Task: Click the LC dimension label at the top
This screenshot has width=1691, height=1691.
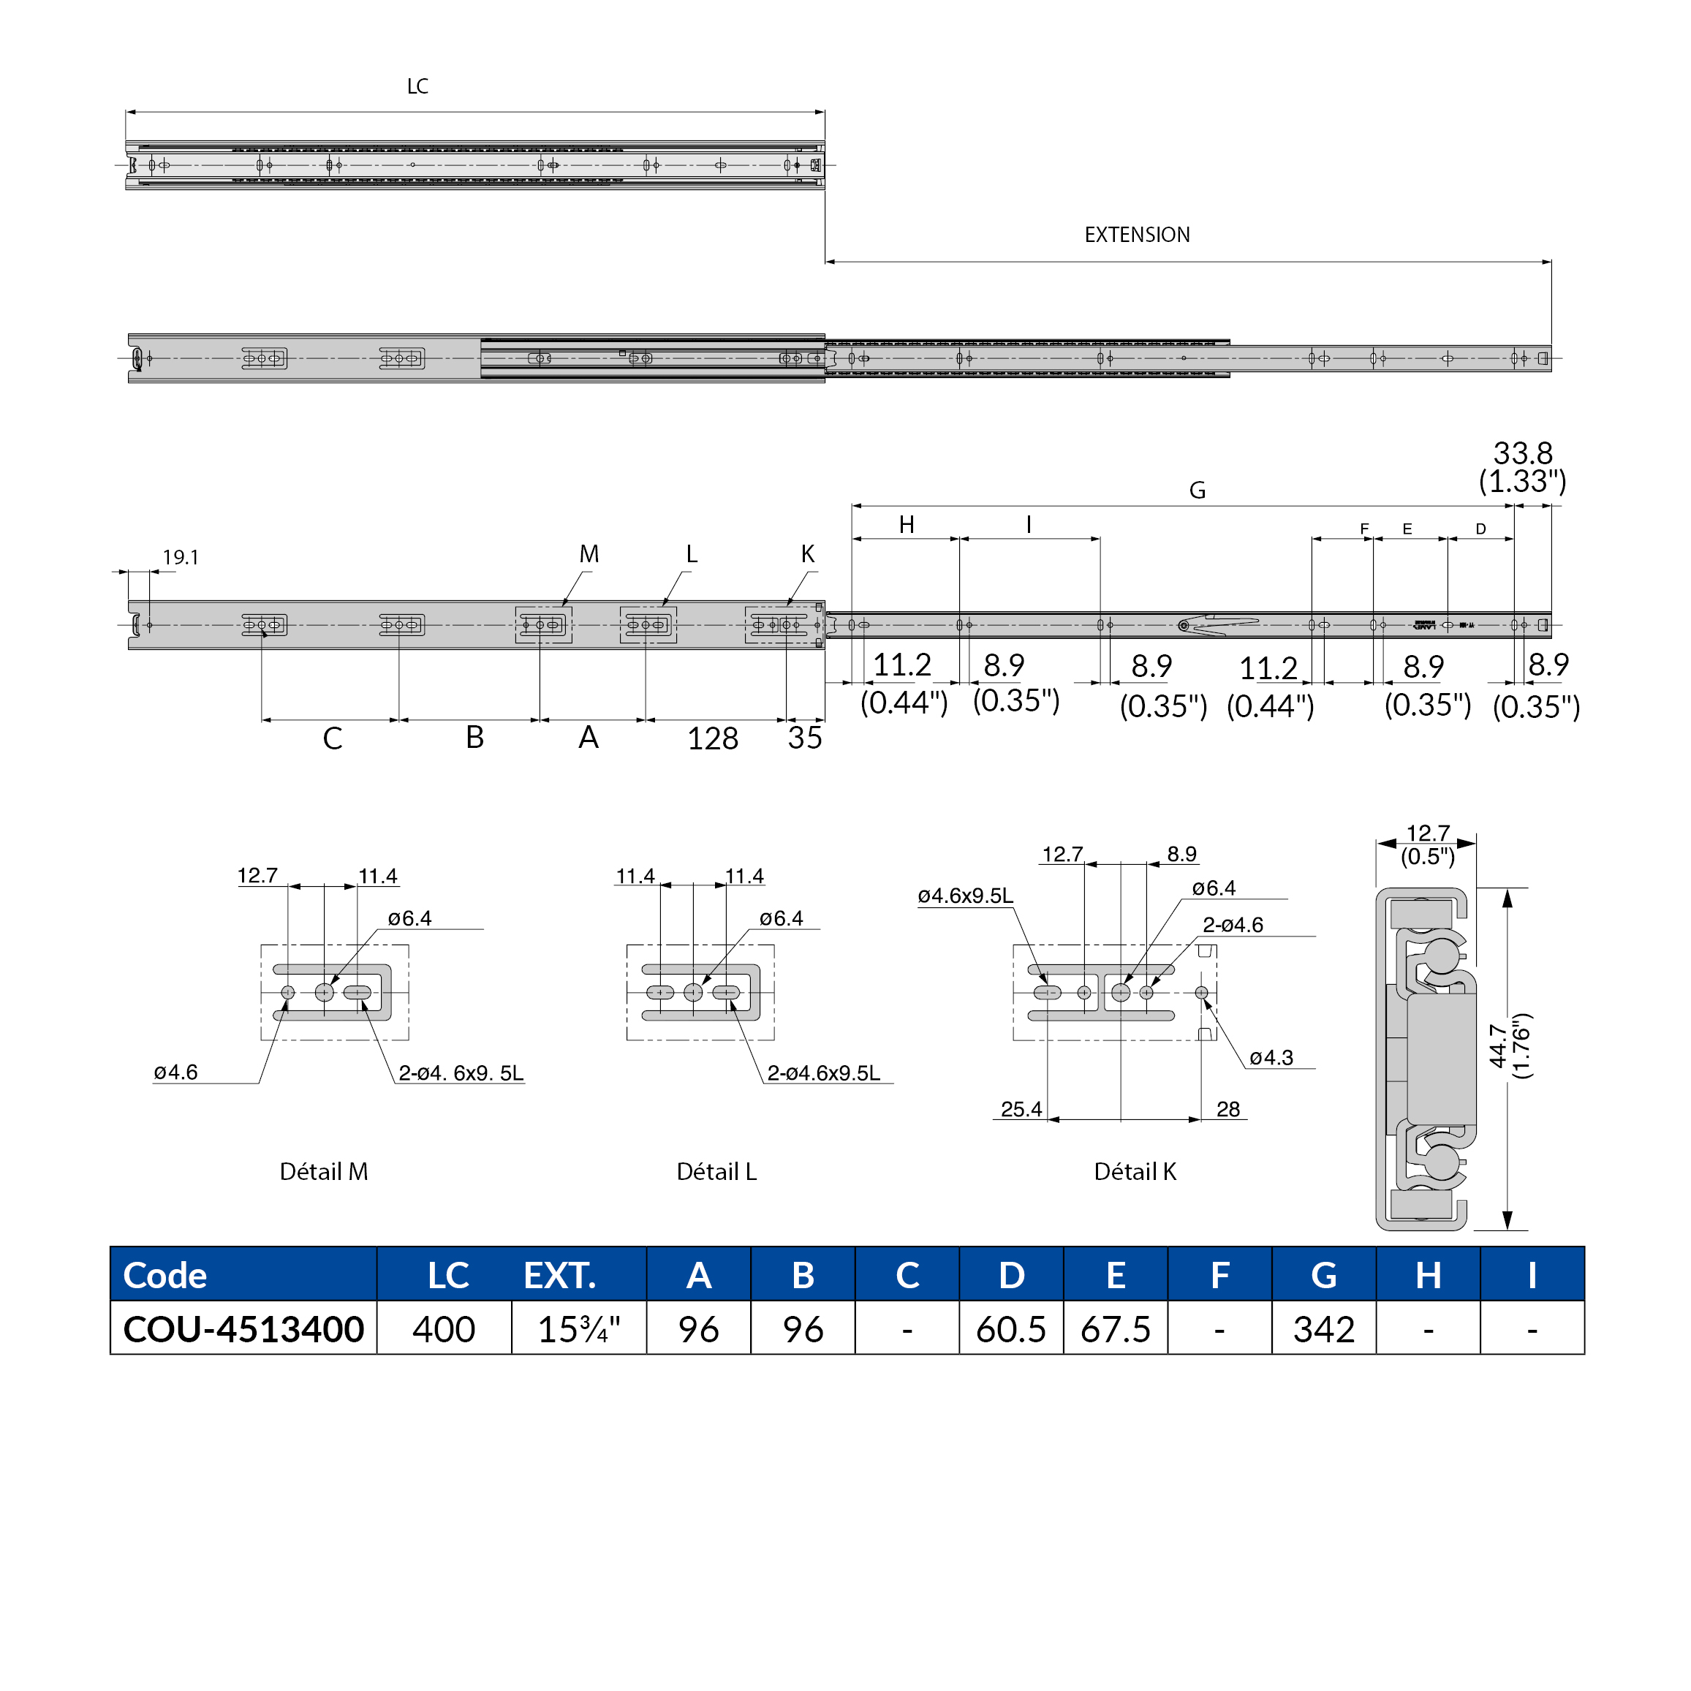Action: click(x=417, y=86)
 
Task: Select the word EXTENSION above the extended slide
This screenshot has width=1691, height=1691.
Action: click(x=1137, y=235)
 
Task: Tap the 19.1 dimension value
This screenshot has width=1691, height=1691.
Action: click(x=181, y=558)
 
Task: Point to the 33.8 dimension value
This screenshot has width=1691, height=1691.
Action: click(x=1522, y=453)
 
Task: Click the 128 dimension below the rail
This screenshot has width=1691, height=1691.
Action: click(x=713, y=738)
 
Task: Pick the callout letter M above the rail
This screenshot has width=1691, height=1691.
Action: click(x=589, y=554)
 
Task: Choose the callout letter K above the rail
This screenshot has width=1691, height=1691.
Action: click(x=808, y=554)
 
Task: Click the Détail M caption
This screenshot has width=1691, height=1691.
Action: click(x=324, y=1171)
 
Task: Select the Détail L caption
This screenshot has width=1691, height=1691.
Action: click(x=717, y=1171)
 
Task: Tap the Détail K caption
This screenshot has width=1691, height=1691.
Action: click(x=1135, y=1171)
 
